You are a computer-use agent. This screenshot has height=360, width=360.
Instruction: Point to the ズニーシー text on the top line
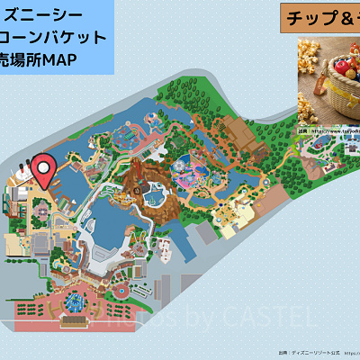tap(45, 14)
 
